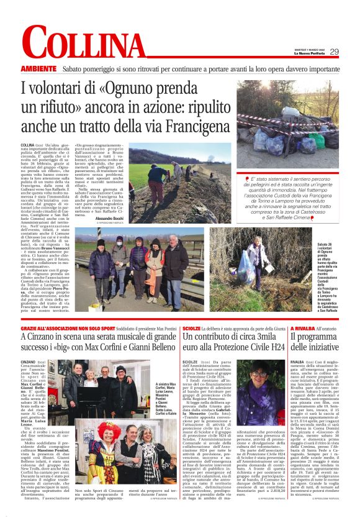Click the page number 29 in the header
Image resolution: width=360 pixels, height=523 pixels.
333,52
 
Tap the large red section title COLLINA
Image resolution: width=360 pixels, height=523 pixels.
84,46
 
